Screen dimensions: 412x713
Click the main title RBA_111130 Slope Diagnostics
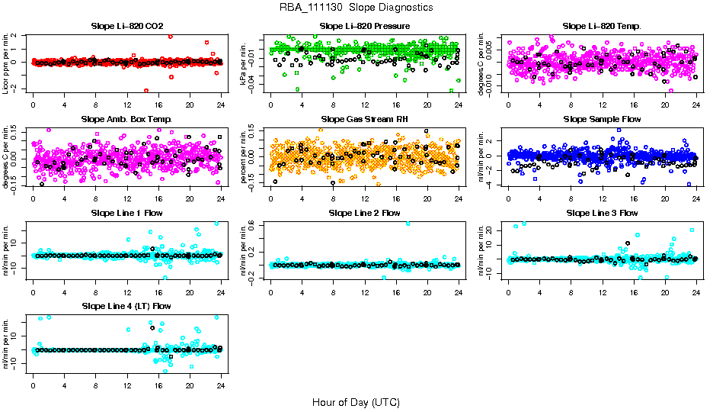(356, 8)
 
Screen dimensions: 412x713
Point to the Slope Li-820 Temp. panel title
(602, 27)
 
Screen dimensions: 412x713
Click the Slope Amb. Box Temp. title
(126, 120)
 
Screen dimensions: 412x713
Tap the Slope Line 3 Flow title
(602, 213)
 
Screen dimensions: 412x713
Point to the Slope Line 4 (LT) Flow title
(126, 307)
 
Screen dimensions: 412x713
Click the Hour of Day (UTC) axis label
(356, 401)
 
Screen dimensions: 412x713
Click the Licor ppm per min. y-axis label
(7, 62)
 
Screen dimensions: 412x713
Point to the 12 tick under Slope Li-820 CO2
(126, 105)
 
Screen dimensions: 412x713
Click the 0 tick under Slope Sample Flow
(508, 198)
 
